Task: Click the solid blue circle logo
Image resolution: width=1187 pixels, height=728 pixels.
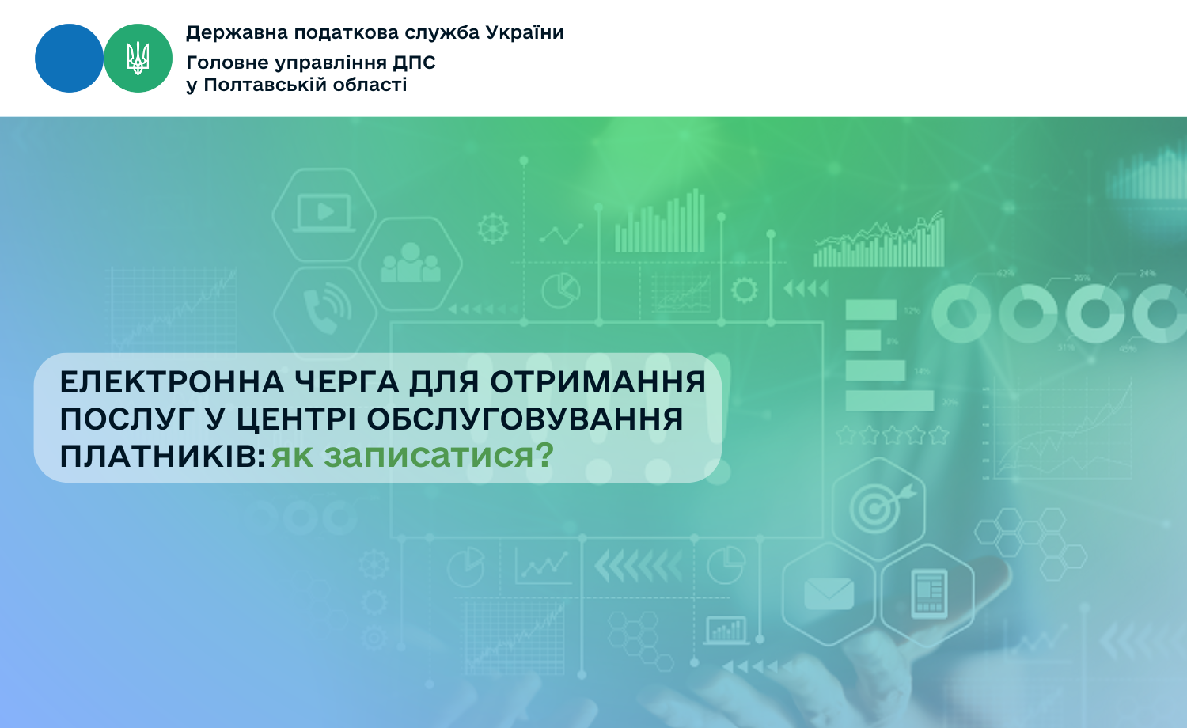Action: [x=69, y=59]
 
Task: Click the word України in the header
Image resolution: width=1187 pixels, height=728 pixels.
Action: [x=525, y=33]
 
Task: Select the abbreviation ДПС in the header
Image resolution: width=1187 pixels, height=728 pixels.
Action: [x=414, y=63]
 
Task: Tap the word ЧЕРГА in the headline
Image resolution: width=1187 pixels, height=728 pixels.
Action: [x=347, y=382]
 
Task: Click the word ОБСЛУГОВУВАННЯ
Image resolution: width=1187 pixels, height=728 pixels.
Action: [x=525, y=419]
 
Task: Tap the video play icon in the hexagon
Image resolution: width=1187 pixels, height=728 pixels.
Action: [x=324, y=213]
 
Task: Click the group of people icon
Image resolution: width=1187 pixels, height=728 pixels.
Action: [x=410, y=263]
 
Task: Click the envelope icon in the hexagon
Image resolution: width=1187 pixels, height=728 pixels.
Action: [x=829, y=593]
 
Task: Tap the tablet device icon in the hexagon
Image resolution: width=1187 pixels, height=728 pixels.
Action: [x=929, y=594]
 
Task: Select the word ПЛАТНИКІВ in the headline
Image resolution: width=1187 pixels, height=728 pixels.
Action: [x=163, y=457]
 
